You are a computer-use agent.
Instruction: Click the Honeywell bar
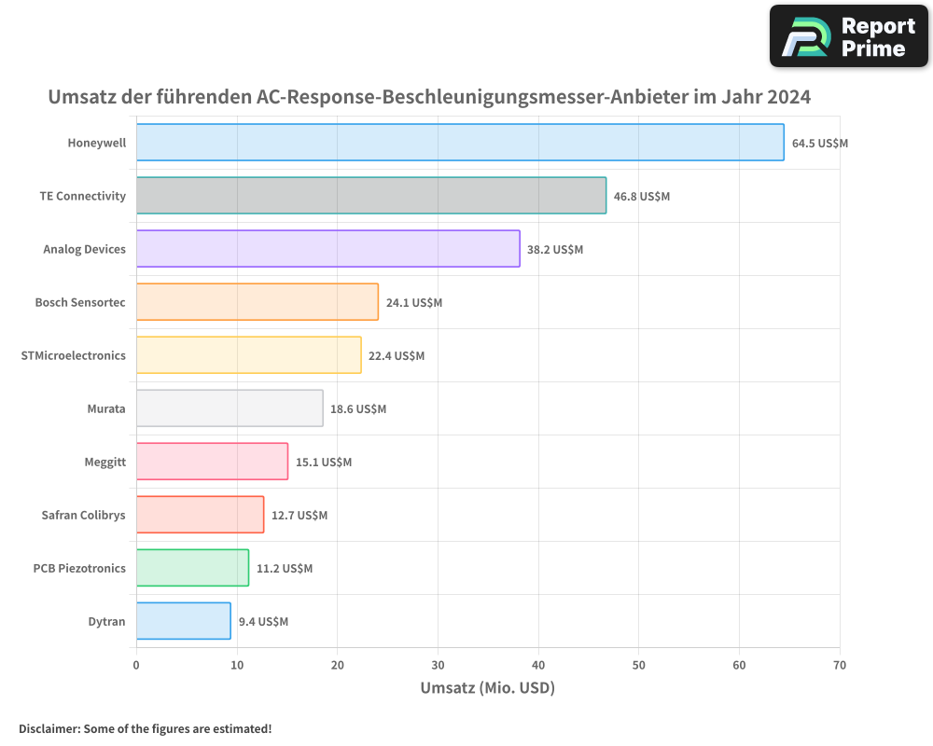[x=460, y=143]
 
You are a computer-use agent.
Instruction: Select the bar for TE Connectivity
[x=371, y=196]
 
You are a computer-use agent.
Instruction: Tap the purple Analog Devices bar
[x=327, y=249]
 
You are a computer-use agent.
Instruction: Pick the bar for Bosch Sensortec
[x=258, y=302]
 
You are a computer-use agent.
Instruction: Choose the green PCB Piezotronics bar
[x=192, y=568]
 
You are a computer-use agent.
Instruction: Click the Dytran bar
[x=184, y=621]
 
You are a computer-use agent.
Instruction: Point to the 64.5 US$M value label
[x=820, y=144]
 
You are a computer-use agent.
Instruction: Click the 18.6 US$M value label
[x=358, y=409]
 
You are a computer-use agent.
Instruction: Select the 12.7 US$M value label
[x=299, y=516]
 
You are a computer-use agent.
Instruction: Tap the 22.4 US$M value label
[x=397, y=356]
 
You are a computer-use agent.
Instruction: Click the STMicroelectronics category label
[x=73, y=355]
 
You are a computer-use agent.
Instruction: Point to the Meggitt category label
[x=104, y=462]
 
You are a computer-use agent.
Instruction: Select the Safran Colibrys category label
[x=83, y=515]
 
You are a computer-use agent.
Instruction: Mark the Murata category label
[x=105, y=408]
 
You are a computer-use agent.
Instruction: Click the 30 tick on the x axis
[x=438, y=666]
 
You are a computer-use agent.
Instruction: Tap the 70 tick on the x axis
[x=840, y=666]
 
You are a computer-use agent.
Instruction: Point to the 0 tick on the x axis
[x=136, y=666]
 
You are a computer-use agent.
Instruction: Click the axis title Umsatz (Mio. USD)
[x=487, y=688]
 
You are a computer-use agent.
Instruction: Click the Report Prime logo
[x=848, y=36]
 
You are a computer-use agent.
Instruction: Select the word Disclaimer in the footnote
[x=48, y=729]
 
